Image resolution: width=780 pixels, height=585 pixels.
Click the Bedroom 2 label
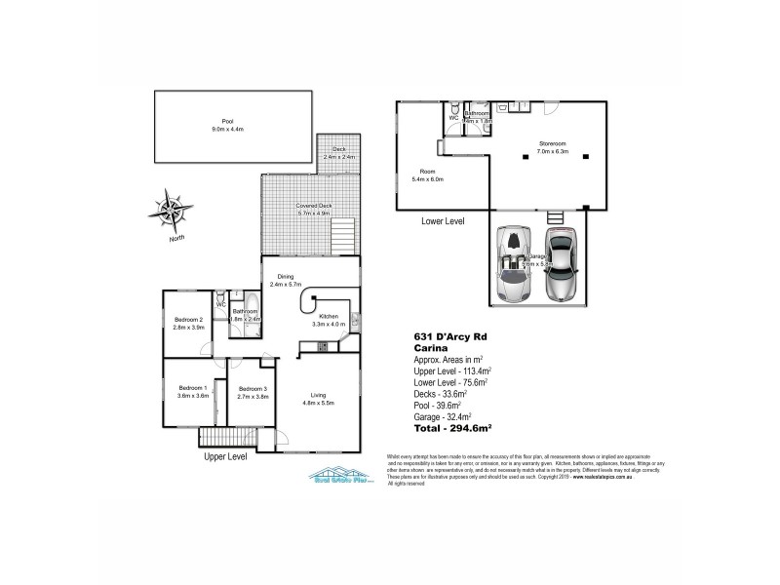[x=188, y=323]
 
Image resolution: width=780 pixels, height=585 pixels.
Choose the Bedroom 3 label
[x=252, y=392]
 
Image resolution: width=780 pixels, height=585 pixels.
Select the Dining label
[x=285, y=279]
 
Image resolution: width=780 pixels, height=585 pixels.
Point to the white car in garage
[x=513, y=266]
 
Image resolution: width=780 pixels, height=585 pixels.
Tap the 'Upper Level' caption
[x=225, y=455]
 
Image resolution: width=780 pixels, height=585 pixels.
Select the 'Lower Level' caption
[x=442, y=221]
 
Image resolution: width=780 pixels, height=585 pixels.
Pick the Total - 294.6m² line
[x=452, y=428]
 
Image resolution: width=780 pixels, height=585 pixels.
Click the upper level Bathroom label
[x=245, y=315]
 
